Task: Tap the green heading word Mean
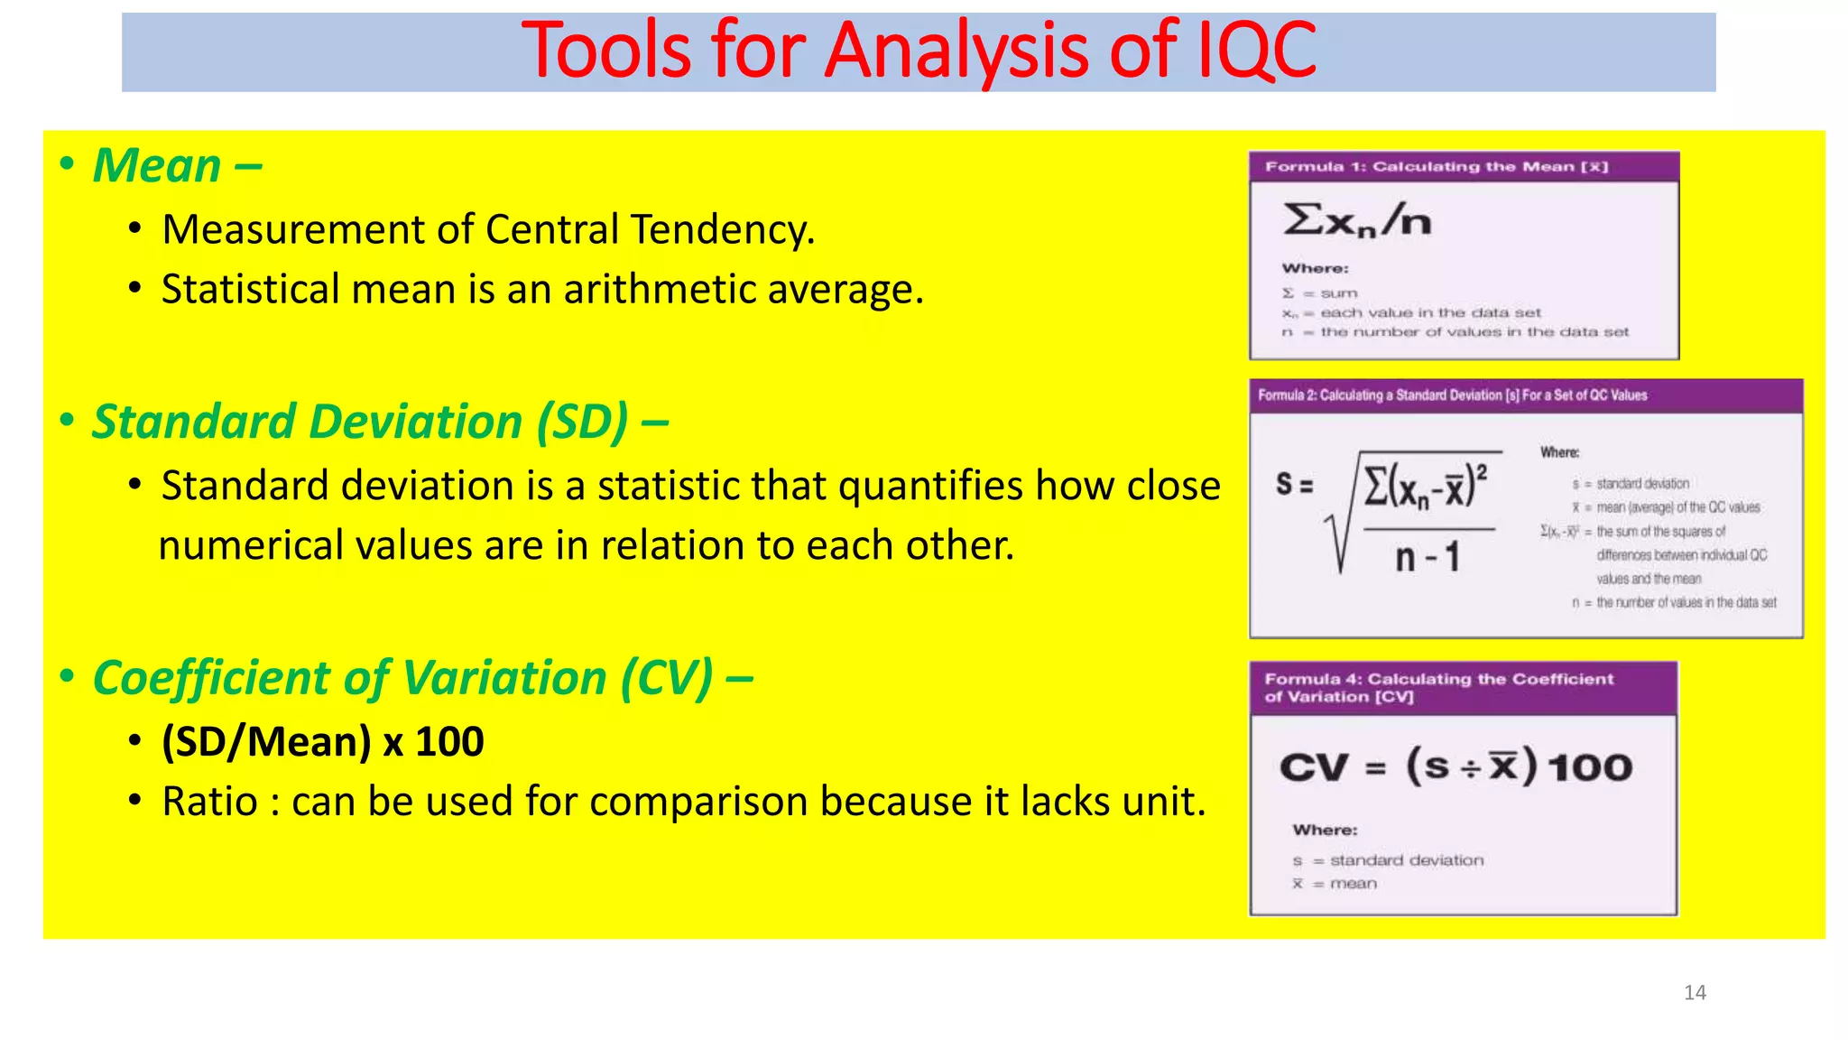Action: point(158,166)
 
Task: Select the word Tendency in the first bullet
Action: point(722,229)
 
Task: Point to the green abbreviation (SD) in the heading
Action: point(581,422)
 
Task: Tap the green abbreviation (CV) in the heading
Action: point(666,678)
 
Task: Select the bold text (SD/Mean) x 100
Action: point(322,742)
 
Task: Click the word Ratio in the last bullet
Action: point(209,802)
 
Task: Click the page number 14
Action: point(1695,993)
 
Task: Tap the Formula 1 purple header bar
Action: point(1463,167)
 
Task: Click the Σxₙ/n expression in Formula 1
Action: point(1357,220)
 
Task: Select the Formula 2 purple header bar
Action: point(1525,395)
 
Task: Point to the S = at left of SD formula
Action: point(1293,485)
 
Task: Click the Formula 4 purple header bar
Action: point(1463,688)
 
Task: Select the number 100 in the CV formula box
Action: point(1589,768)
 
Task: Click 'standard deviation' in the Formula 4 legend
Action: point(1406,860)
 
